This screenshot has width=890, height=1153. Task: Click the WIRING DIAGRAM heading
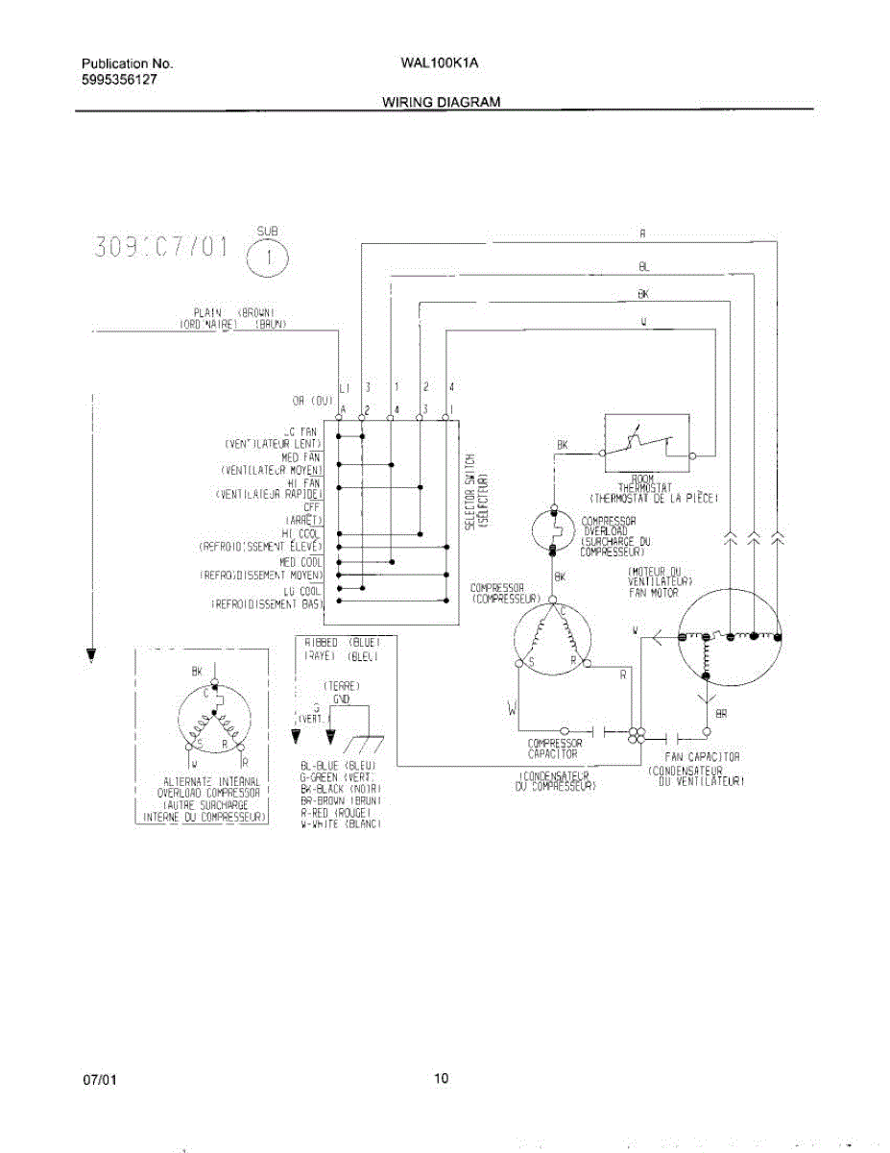[x=441, y=101]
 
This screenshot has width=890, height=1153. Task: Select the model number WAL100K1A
[x=441, y=63]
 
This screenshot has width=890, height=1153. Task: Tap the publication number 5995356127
[x=120, y=80]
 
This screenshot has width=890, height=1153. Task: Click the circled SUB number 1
[x=267, y=258]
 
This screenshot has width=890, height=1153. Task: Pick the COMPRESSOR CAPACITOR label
[x=555, y=749]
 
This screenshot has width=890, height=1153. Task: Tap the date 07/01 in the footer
[x=100, y=1080]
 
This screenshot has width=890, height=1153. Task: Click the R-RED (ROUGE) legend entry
[x=341, y=812]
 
